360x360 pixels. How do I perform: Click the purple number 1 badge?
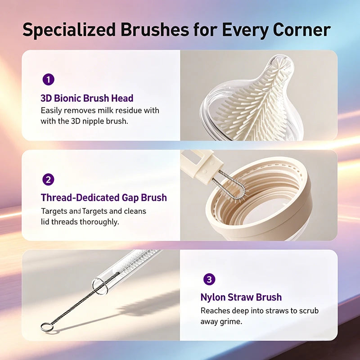(49, 80)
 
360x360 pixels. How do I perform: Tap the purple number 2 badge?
(49, 180)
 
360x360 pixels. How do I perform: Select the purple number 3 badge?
(209, 279)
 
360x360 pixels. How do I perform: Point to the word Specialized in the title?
(69, 30)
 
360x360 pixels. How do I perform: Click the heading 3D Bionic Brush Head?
(87, 98)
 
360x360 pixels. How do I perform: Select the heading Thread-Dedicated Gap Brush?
(104, 198)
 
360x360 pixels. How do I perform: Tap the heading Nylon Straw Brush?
(241, 297)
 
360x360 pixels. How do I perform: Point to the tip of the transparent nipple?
(282, 60)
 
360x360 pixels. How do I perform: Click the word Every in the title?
(244, 30)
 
